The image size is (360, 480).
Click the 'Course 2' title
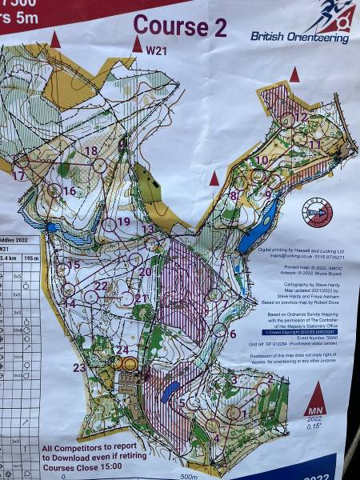pos(179,26)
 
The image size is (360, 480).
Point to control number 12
pos(302,117)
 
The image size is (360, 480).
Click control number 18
pos(91,150)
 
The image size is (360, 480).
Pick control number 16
pos(69,190)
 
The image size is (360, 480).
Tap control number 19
pos(123,221)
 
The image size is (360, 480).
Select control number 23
pos(79,367)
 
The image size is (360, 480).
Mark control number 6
pos(232,334)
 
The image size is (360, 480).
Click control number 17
pos(18,175)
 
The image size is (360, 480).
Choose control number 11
pos(315,144)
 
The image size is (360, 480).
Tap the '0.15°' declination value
pos(318,427)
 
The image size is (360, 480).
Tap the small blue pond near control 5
pos(170,391)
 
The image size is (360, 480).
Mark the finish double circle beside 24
pos(128,364)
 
